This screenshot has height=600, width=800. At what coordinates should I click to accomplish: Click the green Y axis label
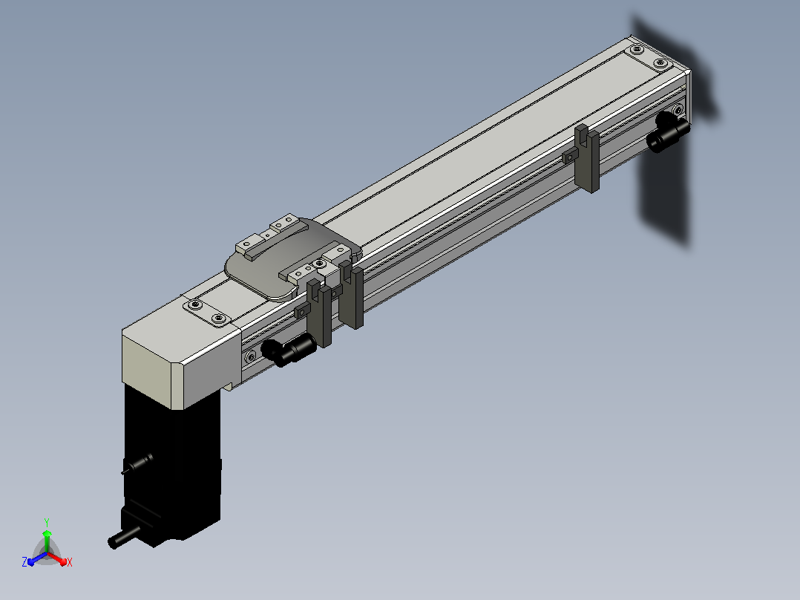47,522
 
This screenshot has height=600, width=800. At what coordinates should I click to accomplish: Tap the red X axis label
70,562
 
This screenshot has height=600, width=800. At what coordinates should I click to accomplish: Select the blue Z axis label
24,561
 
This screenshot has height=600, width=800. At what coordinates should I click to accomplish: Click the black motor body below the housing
172,465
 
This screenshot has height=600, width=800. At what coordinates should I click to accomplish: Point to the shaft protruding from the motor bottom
123,537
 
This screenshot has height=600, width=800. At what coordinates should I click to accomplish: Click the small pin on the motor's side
137,463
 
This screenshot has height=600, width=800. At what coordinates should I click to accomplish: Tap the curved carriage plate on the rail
291,258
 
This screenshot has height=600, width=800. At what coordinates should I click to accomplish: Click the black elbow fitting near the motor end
288,349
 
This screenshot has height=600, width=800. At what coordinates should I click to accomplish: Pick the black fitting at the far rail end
668,131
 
